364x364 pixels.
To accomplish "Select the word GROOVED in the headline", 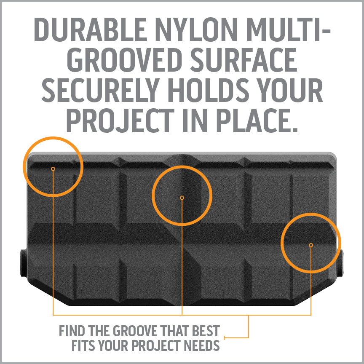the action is click(x=125, y=59).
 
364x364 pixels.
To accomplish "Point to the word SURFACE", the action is click(x=244, y=59).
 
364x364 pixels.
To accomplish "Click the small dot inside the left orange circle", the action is click(x=53, y=169).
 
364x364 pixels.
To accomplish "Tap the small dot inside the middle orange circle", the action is click(x=182, y=198).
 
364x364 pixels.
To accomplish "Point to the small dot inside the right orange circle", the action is click(x=311, y=245).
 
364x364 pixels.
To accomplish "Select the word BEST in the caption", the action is click(x=206, y=331).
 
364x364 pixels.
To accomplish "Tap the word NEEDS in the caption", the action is click(x=202, y=345).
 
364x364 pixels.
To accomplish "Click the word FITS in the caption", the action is click(x=83, y=345).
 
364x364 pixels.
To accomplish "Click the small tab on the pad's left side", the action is click(x=24, y=263).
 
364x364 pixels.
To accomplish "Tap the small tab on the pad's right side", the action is click(x=340, y=263).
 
